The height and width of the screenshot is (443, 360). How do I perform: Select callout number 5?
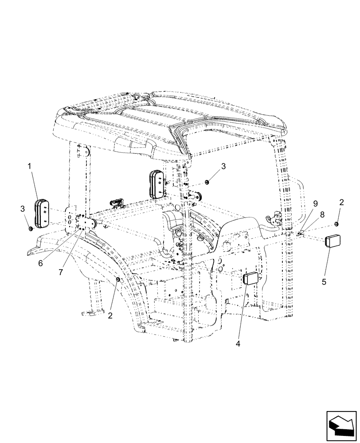click(x=324, y=281)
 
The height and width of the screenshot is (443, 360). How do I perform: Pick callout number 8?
click(x=322, y=213)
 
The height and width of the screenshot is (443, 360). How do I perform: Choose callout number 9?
click(x=315, y=203)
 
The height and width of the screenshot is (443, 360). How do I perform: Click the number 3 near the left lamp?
click(x=23, y=208)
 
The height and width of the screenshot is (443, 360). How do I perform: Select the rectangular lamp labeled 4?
click(x=251, y=280)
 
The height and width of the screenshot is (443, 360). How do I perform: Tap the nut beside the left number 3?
click(x=31, y=228)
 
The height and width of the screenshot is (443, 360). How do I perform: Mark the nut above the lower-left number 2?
click(x=117, y=279)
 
